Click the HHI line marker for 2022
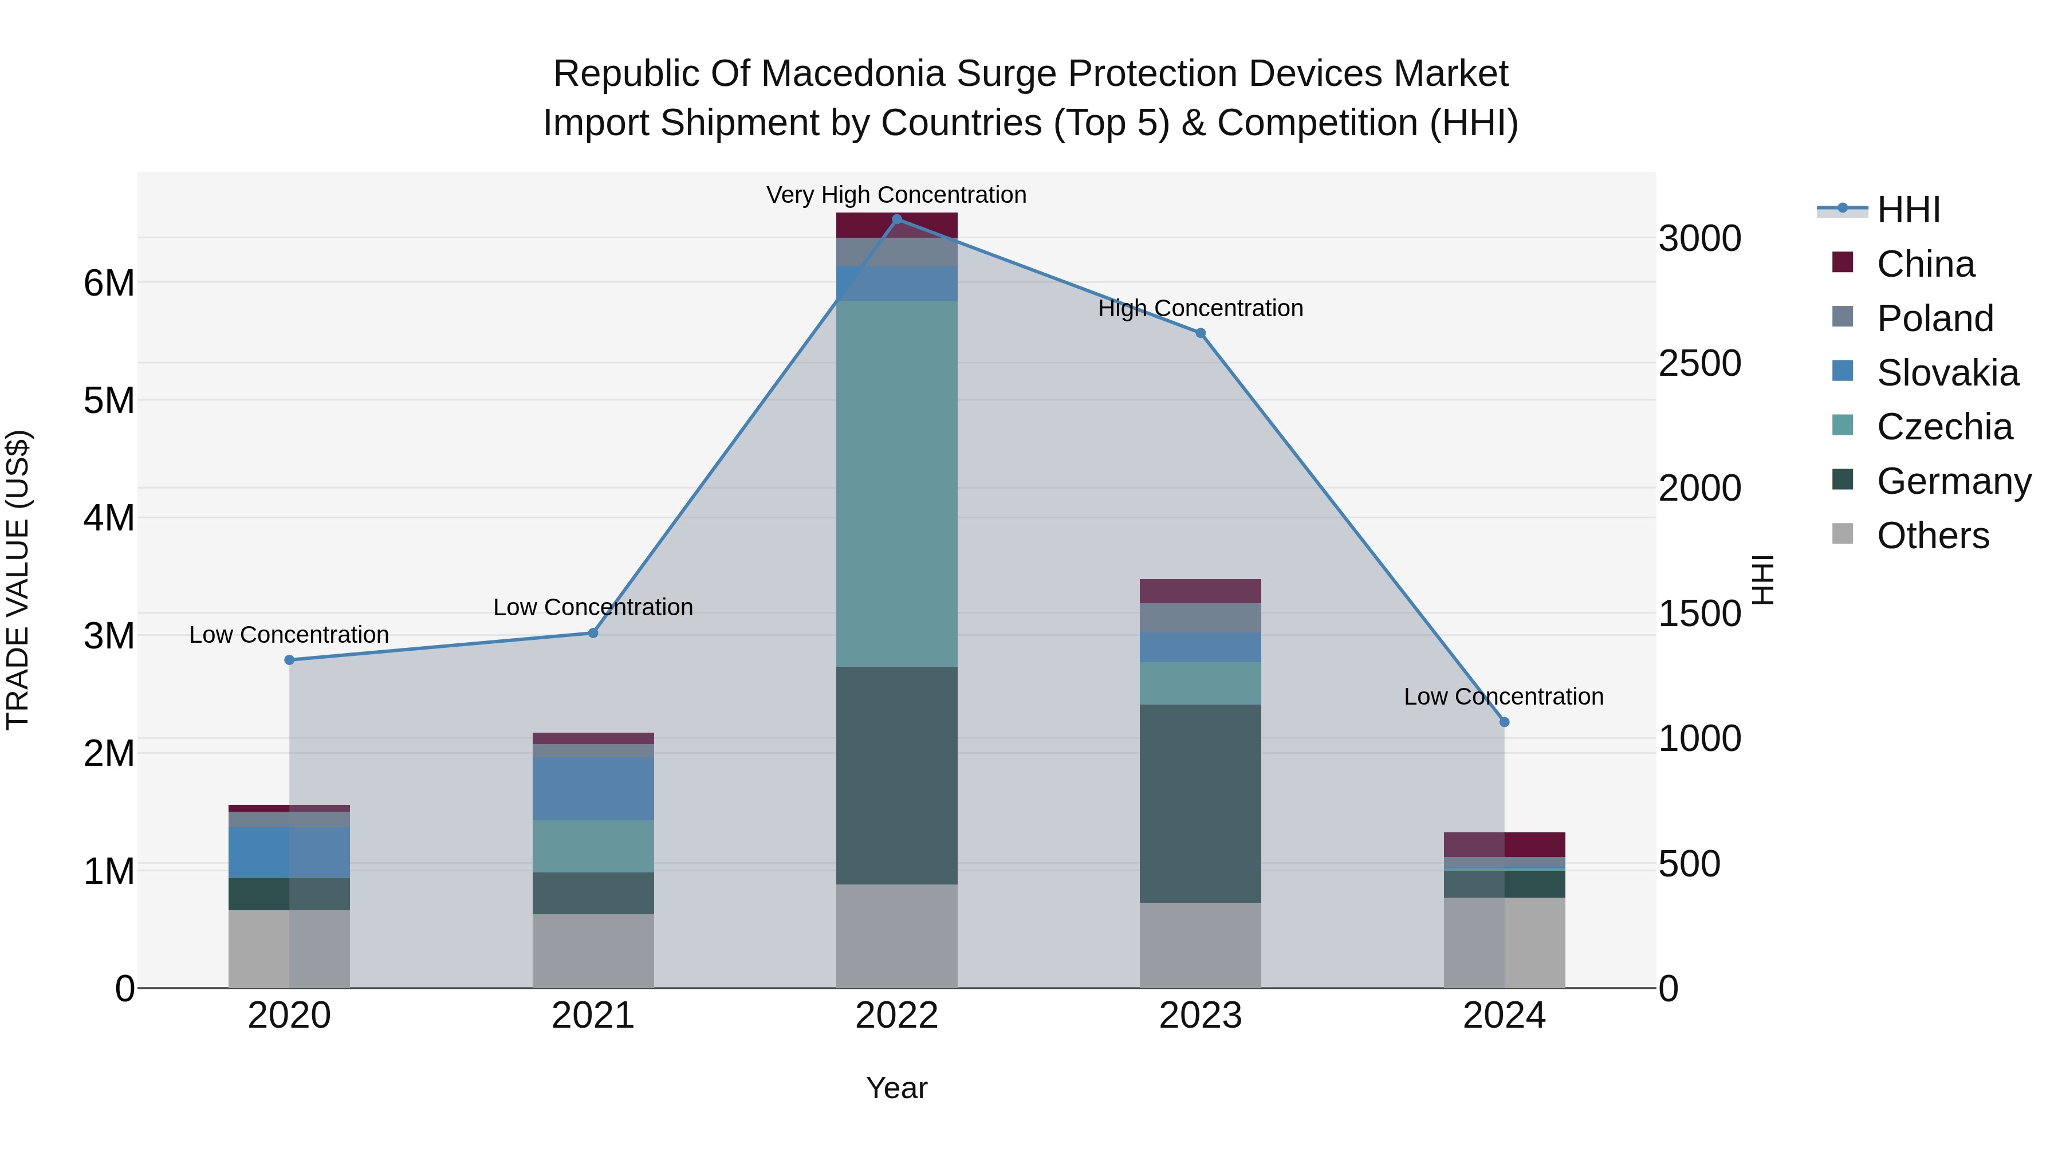click(x=896, y=219)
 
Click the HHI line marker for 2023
click(x=1200, y=333)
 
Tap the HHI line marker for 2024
click(x=1504, y=722)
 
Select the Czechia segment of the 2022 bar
click(x=896, y=483)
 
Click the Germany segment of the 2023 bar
click(x=1200, y=803)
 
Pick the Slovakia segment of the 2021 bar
click(x=593, y=789)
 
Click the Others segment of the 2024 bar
click(x=1504, y=942)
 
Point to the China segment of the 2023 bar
click(x=1200, y=591)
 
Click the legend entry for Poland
click(x=1934, y=318)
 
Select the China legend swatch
click(x=1843, y=262)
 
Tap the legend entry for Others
click(x=1933, y=536)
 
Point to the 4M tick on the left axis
click(x=109, y=518)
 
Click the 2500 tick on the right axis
click(x=1699, y=363)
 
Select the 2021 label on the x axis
click(x=593, y=1016)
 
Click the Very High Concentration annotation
click(x=896, y=195)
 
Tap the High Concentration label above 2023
click(x=1200, y=308)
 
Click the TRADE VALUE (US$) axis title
click(x=18, y=580)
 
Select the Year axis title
click(x=896, y=1088)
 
